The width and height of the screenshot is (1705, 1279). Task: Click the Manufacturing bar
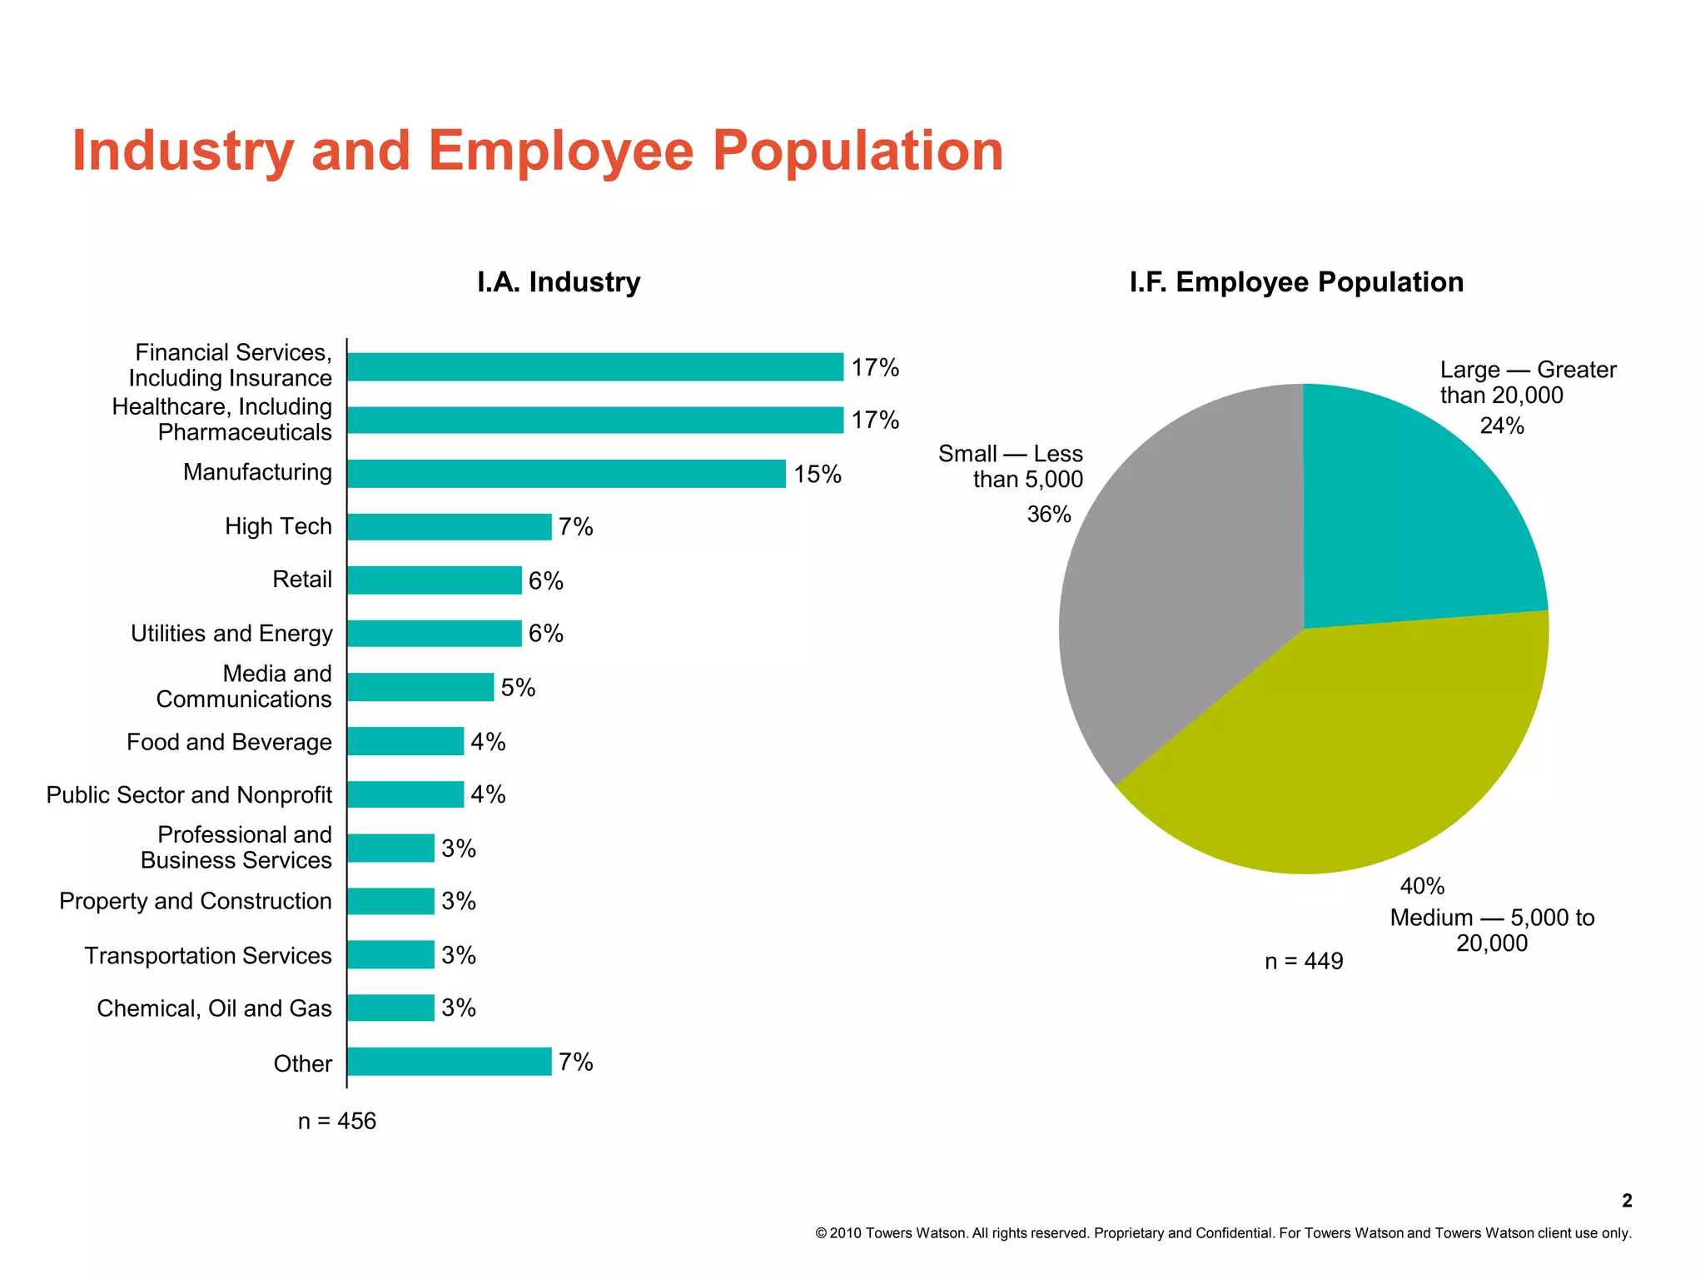tap(566, 474)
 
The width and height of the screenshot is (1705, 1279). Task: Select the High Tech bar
tap(450, 527)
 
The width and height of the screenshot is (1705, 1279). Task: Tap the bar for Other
tap(450, 1062)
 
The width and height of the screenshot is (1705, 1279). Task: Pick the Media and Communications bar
tap(420, 688)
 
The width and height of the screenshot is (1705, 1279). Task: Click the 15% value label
tap(817, 475)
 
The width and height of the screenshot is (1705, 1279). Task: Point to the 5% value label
tap(518, 688)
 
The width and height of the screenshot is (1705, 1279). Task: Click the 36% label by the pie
tap(1048, 515)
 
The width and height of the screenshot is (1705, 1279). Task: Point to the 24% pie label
tap(1502, 426)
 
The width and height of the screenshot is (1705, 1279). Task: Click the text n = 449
tap(1304, 962)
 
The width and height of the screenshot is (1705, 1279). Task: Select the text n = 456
tap(337, 1122)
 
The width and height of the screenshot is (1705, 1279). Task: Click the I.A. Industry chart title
tap(559, 282)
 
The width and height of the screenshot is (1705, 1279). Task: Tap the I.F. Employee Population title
tap(1296, 282)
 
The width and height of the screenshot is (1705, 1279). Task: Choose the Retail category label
tap(301, 580)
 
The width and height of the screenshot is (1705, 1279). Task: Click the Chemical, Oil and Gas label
tap(214, 1008)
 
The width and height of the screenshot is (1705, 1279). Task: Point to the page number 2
tap(1627, 1201)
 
